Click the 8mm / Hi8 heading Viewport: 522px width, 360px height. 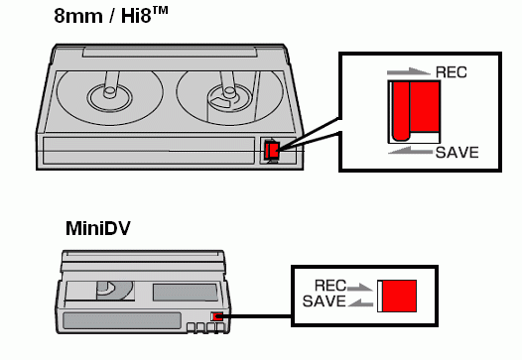(x=111, y=15)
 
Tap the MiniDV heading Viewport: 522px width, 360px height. (x=98, y=228)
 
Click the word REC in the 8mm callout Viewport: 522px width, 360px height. (x=452, y=72)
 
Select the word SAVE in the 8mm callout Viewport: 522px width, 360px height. (x=457, y=153)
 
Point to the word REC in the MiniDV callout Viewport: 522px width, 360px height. (x=330, y=286)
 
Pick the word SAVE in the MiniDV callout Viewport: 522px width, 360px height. (x=325, y=301)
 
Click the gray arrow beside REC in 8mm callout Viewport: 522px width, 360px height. (x=409, y=71)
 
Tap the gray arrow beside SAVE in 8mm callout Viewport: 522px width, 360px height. (x=411, y=151)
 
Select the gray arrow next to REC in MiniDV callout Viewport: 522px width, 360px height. (x=359, y=288)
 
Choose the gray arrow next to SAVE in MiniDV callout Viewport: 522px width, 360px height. (x=360, y=302)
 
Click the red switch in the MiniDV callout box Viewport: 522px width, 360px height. (x=399, y=296)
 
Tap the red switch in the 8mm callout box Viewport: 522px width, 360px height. (x=416, y=110)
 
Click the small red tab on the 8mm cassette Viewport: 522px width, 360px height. (x=272, y=151)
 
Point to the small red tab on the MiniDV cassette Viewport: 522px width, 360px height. (x=217, y=316)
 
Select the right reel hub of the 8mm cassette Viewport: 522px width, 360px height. (x=228, y=97)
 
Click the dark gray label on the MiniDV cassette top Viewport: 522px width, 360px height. (x=186, y=293)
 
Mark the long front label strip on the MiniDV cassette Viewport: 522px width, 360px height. (x=122, y=320)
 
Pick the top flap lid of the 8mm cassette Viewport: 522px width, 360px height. (x=170, y=52)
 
